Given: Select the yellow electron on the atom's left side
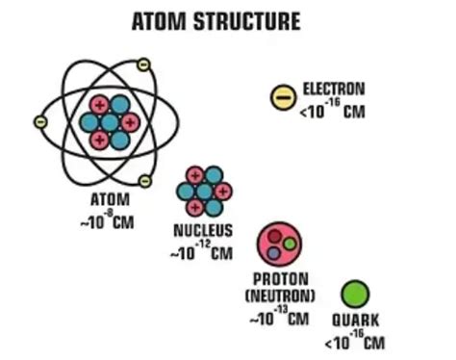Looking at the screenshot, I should click(39, 122).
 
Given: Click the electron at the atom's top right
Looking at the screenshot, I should click(143, 64).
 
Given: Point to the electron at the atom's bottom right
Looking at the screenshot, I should click(145, 180).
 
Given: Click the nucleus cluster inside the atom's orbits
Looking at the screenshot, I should click(109, 121).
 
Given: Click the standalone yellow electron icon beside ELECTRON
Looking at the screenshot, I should click(282, 95).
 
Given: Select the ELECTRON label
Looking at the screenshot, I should click(333, 90).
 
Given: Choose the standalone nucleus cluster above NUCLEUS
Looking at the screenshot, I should click(201, 190).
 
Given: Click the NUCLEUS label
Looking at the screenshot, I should click(202, 232).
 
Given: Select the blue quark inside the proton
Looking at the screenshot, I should click(274, 253).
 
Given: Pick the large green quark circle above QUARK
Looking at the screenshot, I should click(355, 294).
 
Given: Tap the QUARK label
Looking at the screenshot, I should click(355, 321).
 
